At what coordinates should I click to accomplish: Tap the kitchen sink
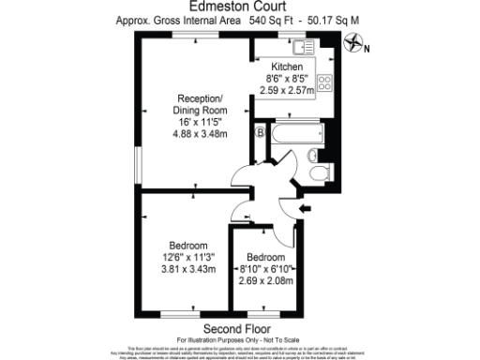pos(306,46)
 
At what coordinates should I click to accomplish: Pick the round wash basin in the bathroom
pos(315,154)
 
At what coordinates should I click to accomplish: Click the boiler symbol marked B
pos(259,132)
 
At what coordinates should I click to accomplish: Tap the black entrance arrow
pos(305,207)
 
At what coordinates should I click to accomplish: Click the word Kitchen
pos(287,67)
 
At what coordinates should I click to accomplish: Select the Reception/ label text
pos(200,98)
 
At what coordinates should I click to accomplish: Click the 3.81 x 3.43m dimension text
pos(187,268)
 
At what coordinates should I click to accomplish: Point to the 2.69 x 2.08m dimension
pos(265,279)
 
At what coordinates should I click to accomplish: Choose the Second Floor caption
pos(232,328)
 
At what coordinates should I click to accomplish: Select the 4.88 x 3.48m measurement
pos(201,132)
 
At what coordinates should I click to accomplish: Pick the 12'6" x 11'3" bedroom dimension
pos(187,257)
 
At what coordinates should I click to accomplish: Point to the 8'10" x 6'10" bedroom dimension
pos(265,268)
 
